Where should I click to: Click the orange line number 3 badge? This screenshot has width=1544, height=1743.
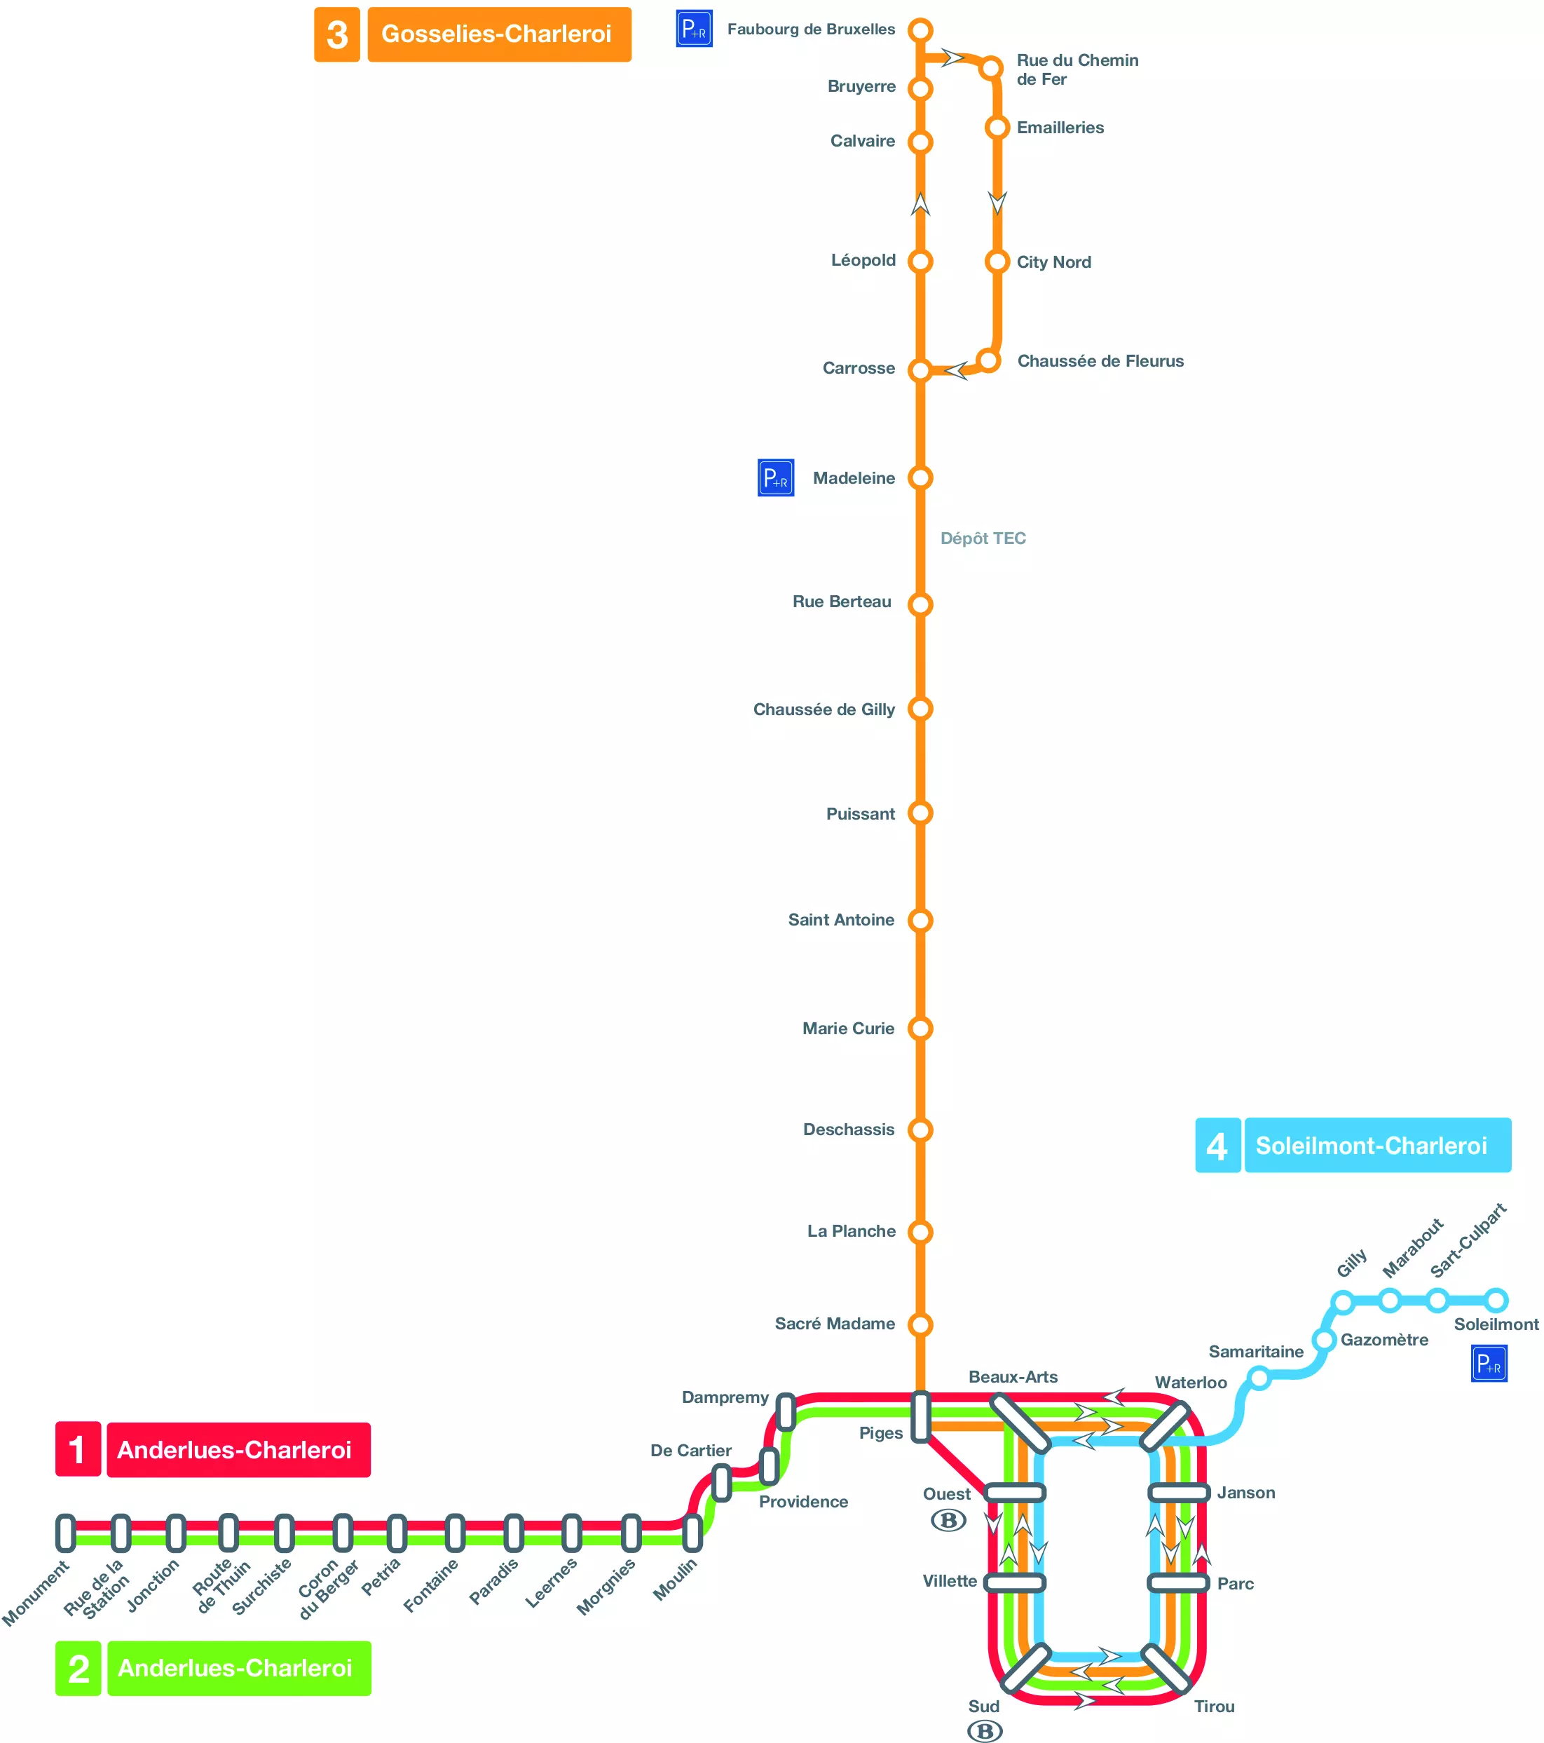[x=336, y=35]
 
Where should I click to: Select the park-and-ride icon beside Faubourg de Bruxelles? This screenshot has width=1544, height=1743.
[x=694, y=29]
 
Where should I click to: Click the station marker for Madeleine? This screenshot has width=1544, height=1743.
[x=920, y=477]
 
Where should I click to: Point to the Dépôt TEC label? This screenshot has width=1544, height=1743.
[x=983, y=538]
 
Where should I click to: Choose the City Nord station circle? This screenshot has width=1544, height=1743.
[x=997, y=262]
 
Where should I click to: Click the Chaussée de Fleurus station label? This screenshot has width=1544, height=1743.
[x=1100, y=360]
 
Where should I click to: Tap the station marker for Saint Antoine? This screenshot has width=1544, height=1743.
[x=920, y=920]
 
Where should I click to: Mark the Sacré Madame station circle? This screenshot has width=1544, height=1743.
[x=920, y=1324]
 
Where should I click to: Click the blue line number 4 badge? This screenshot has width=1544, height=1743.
[x=1217, y=1145]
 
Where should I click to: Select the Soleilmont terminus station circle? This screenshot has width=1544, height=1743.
[x=1496, y=1301]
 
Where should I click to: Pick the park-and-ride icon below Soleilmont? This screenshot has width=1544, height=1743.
[x=1489, y=1364]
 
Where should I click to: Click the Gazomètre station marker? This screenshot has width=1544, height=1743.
[x=1323, y=1340]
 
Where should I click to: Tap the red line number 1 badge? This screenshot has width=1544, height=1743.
[x=78, y=1450]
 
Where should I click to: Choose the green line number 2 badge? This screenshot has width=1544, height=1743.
[x=78, y=1668]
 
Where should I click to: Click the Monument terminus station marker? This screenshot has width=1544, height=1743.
[x=66, y=1533]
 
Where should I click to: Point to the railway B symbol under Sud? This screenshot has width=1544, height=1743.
[x=985, y=1731]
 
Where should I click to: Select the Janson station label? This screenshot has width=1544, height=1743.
[x=1245, y=1492]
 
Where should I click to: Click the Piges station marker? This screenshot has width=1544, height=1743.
[x=921, y=1417]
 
